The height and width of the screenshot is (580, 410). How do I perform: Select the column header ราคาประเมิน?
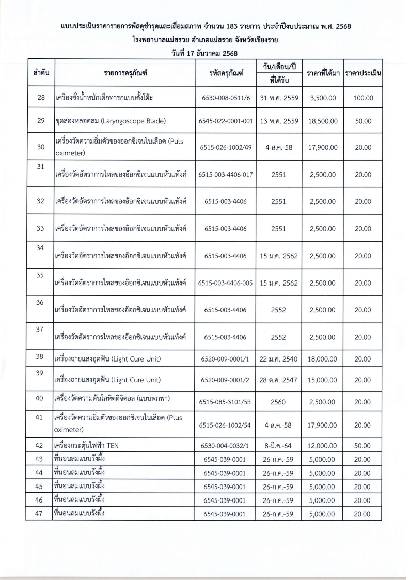point(363,74)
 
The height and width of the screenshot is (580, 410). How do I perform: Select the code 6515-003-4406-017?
point(226,174)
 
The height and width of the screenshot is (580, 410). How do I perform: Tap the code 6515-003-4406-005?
point(226,283)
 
